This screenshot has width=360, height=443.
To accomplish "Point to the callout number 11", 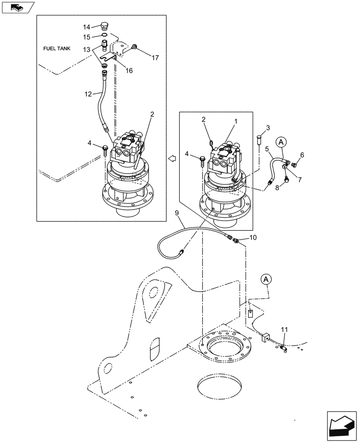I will tap(284, 330).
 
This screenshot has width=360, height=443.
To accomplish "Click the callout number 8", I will tap(277, 188).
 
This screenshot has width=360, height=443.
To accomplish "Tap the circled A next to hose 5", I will tap(281, 142).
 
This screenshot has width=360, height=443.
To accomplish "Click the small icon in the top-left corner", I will tap(17, 7).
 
